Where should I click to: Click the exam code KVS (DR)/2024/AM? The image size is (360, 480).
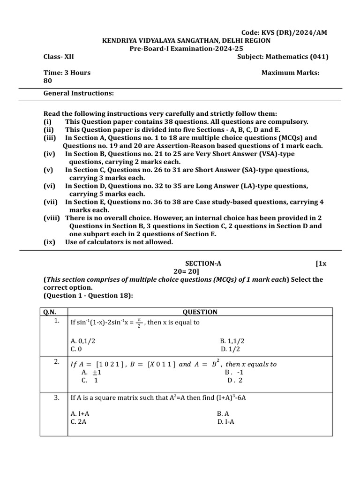click(x=284, y=32)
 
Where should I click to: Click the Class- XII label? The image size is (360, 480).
click(x=59, y=57)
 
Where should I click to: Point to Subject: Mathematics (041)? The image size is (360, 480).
click(x=283, y=57)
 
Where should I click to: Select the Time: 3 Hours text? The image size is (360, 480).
click(x=67, y=73)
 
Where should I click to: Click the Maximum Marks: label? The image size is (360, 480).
click(x=290, y=73)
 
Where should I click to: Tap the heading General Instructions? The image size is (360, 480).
click(x=79, y=93)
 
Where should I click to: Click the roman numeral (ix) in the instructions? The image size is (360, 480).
click(x=49, y=242)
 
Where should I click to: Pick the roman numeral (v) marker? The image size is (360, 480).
click(x=49, y=170)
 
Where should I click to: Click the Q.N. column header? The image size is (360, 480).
click(x=50, y=312)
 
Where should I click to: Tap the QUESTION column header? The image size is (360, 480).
click(x=200, y=312)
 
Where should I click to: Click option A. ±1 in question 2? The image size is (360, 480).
click(x=91, y=372)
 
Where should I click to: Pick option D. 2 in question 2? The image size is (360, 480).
click(x=235, y=380)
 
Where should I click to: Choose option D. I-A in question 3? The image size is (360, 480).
click(x=225, y=421)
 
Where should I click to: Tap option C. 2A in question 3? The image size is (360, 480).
click(x=78, y=421)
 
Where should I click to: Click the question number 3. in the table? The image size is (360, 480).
click(x=56, y=397)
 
